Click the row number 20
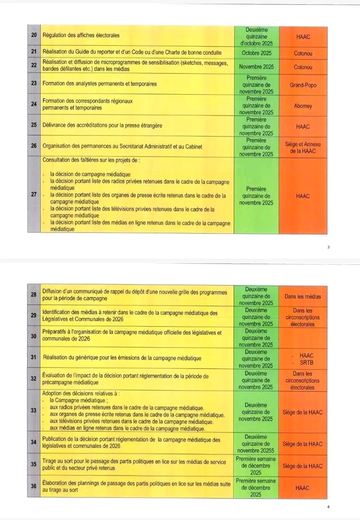coord(33,35)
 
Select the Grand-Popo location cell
coord(303,85)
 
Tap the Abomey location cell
coord(303,106)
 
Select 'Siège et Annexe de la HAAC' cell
coord(303,147)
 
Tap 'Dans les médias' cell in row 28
coord(302,296)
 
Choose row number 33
coord(33,410)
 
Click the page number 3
coord(328,246)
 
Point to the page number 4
coord(328,506)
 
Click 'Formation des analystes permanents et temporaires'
coord(99,84)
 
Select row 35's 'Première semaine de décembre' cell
coord(256,464)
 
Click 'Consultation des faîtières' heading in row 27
coord(90,161)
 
